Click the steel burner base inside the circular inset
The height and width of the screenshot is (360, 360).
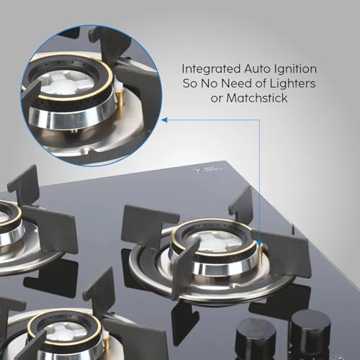(x=72, y=122)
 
